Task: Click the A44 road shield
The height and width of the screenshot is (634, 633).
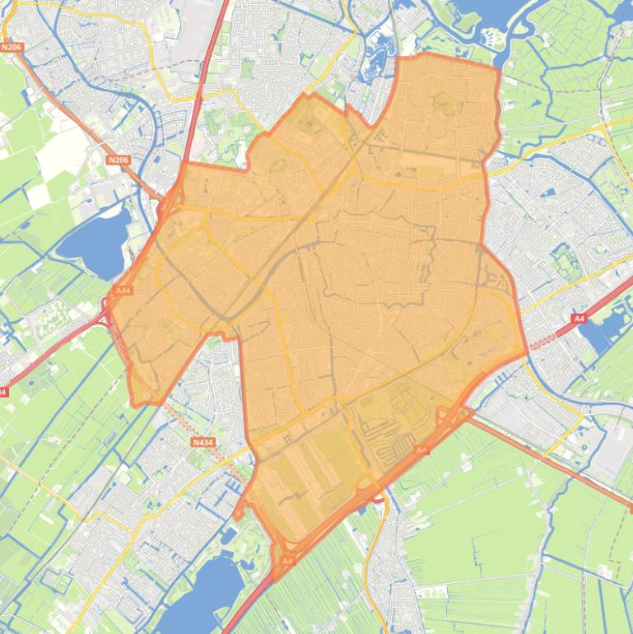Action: coord(123,291)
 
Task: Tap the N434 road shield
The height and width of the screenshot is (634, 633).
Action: coord(202,442)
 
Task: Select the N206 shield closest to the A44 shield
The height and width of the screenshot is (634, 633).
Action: coord(119,160)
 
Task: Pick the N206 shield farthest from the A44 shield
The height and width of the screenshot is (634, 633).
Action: coord(12,48)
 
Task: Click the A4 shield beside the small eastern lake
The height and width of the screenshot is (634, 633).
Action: coord(579,318)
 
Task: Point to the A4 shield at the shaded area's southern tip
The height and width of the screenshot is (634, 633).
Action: coord(286,561)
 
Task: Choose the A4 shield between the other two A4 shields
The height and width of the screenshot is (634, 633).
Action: coord(421,450)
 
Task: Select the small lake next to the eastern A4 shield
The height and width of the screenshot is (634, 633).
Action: coord(598,333)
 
